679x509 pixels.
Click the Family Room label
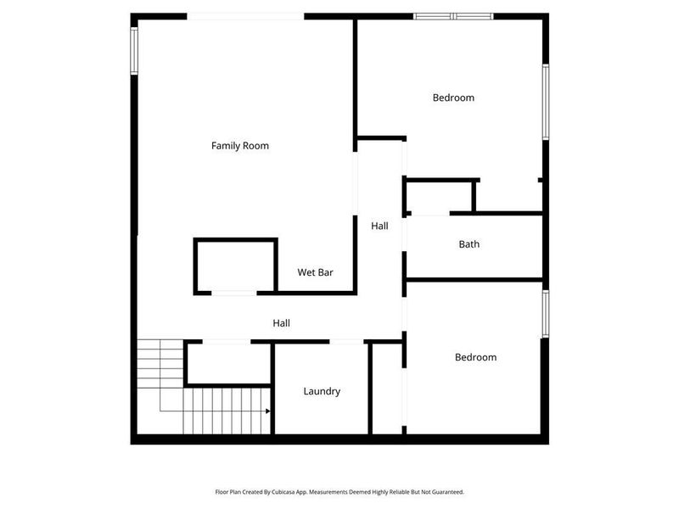pos(240,146)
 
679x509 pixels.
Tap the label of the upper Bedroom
pos(453,98)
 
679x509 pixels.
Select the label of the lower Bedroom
pos(475,357)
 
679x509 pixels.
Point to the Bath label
pos(469,244)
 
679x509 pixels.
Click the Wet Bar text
pos(315,272)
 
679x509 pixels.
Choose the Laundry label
pos(322,391)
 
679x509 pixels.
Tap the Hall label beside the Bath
pos(379,226)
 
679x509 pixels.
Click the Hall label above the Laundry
pos(281,323)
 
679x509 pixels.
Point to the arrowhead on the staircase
pos(267,411)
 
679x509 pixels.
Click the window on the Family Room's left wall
pos(134,51)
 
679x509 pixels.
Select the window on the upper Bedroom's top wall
pos(453,15)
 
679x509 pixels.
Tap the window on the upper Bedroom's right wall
pos(546,101)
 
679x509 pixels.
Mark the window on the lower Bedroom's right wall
pos(546,314)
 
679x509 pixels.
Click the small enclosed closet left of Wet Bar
pos(236,266)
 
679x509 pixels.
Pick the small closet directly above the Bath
pos(440,196)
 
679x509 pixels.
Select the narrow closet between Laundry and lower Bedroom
pos(386,389)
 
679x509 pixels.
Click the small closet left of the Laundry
pos(227,363)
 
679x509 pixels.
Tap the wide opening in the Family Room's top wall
pos(245,15)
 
